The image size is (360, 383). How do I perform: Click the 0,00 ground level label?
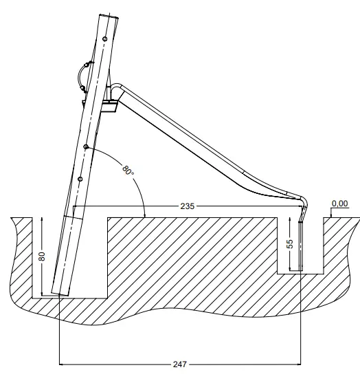339,204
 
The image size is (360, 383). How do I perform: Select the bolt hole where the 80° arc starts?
85,147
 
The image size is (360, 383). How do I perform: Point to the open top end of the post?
107,14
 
